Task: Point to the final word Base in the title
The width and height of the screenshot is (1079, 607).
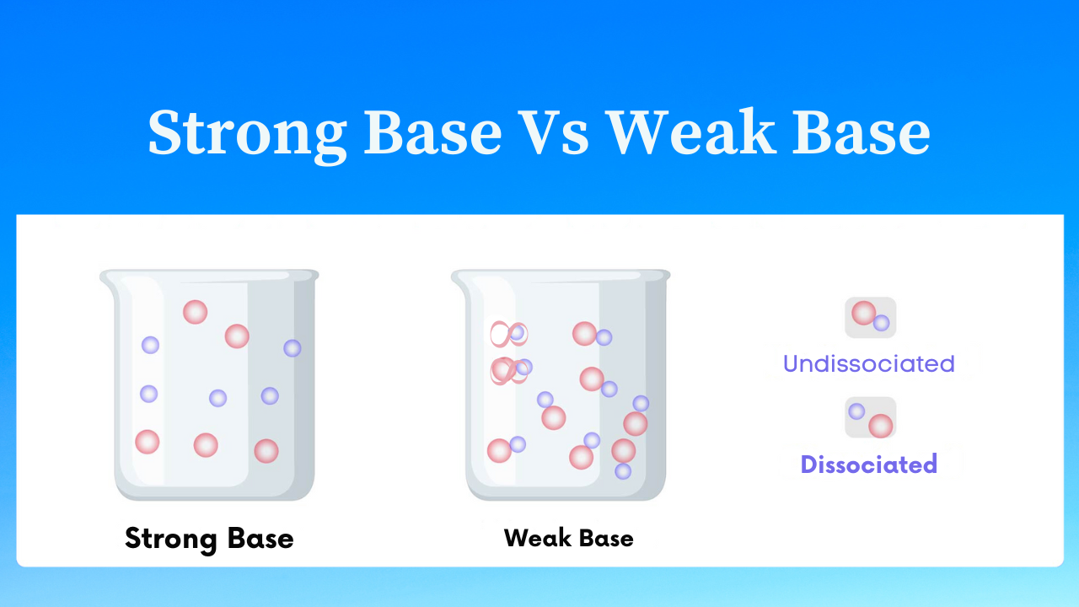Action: tap(862, 132)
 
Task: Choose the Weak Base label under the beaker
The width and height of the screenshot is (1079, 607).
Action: tap(568, 538)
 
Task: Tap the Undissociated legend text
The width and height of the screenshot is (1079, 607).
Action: tap(868, 363)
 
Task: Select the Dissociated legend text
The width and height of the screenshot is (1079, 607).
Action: tap(869, 465)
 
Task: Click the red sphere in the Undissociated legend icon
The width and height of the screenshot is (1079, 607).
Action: tap(864, 313)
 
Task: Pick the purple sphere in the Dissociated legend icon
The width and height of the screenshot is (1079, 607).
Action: tap(856, 411)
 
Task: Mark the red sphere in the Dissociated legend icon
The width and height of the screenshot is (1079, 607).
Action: tap(881, 426)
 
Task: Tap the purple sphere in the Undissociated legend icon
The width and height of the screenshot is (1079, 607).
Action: tap(882, 323)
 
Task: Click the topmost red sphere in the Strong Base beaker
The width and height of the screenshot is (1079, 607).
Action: tap(195, 312)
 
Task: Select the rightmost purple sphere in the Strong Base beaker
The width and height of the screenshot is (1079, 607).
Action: tap(293, 348)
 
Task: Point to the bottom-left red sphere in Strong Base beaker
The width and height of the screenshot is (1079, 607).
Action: tap(148, 442)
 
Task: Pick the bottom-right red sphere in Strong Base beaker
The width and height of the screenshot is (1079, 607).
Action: tap(266, 451)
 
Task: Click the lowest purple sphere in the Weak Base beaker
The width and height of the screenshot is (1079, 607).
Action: tap(623, 471)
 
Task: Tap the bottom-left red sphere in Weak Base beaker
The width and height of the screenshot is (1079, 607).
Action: tap(499, 450)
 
